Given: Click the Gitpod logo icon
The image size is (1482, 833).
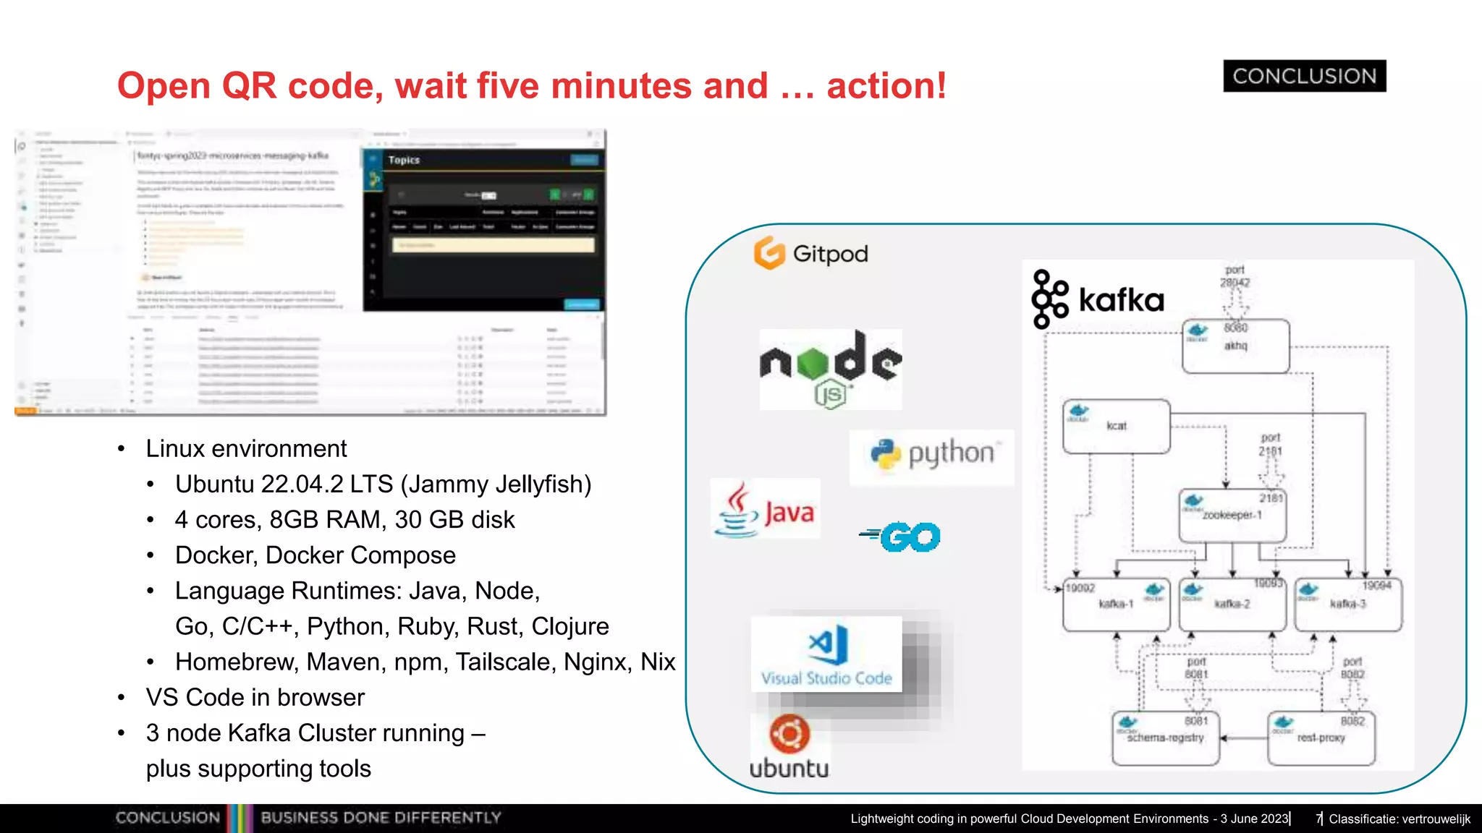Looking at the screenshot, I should [769, 253].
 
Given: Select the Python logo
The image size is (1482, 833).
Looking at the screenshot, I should [932, 455].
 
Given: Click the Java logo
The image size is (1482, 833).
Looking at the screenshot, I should [765, 510].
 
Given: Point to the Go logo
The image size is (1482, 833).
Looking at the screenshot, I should [901, 537].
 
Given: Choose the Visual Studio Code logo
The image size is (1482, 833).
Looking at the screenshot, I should [826, 654].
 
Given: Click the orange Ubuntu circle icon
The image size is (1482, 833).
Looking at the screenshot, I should [789, 735].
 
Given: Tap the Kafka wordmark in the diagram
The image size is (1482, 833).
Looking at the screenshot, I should [1120, 299].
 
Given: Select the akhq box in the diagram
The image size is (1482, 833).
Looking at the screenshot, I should [1235, 346].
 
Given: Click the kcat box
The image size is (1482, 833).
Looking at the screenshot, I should [1116, 427].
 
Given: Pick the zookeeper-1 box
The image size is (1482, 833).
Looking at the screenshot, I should [1232, 516].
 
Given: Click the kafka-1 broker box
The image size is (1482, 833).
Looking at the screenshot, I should [1116, 605].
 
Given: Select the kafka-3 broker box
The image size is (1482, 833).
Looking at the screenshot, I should [1347, 605].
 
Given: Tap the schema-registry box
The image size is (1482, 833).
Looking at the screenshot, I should [1165, 738].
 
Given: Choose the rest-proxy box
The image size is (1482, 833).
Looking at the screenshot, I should [1321, 738].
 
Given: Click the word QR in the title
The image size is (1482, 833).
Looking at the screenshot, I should [249, 86].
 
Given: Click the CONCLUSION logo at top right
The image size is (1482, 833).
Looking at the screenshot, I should [1304, 76].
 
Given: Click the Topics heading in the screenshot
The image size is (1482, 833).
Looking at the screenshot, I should [404, 160].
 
